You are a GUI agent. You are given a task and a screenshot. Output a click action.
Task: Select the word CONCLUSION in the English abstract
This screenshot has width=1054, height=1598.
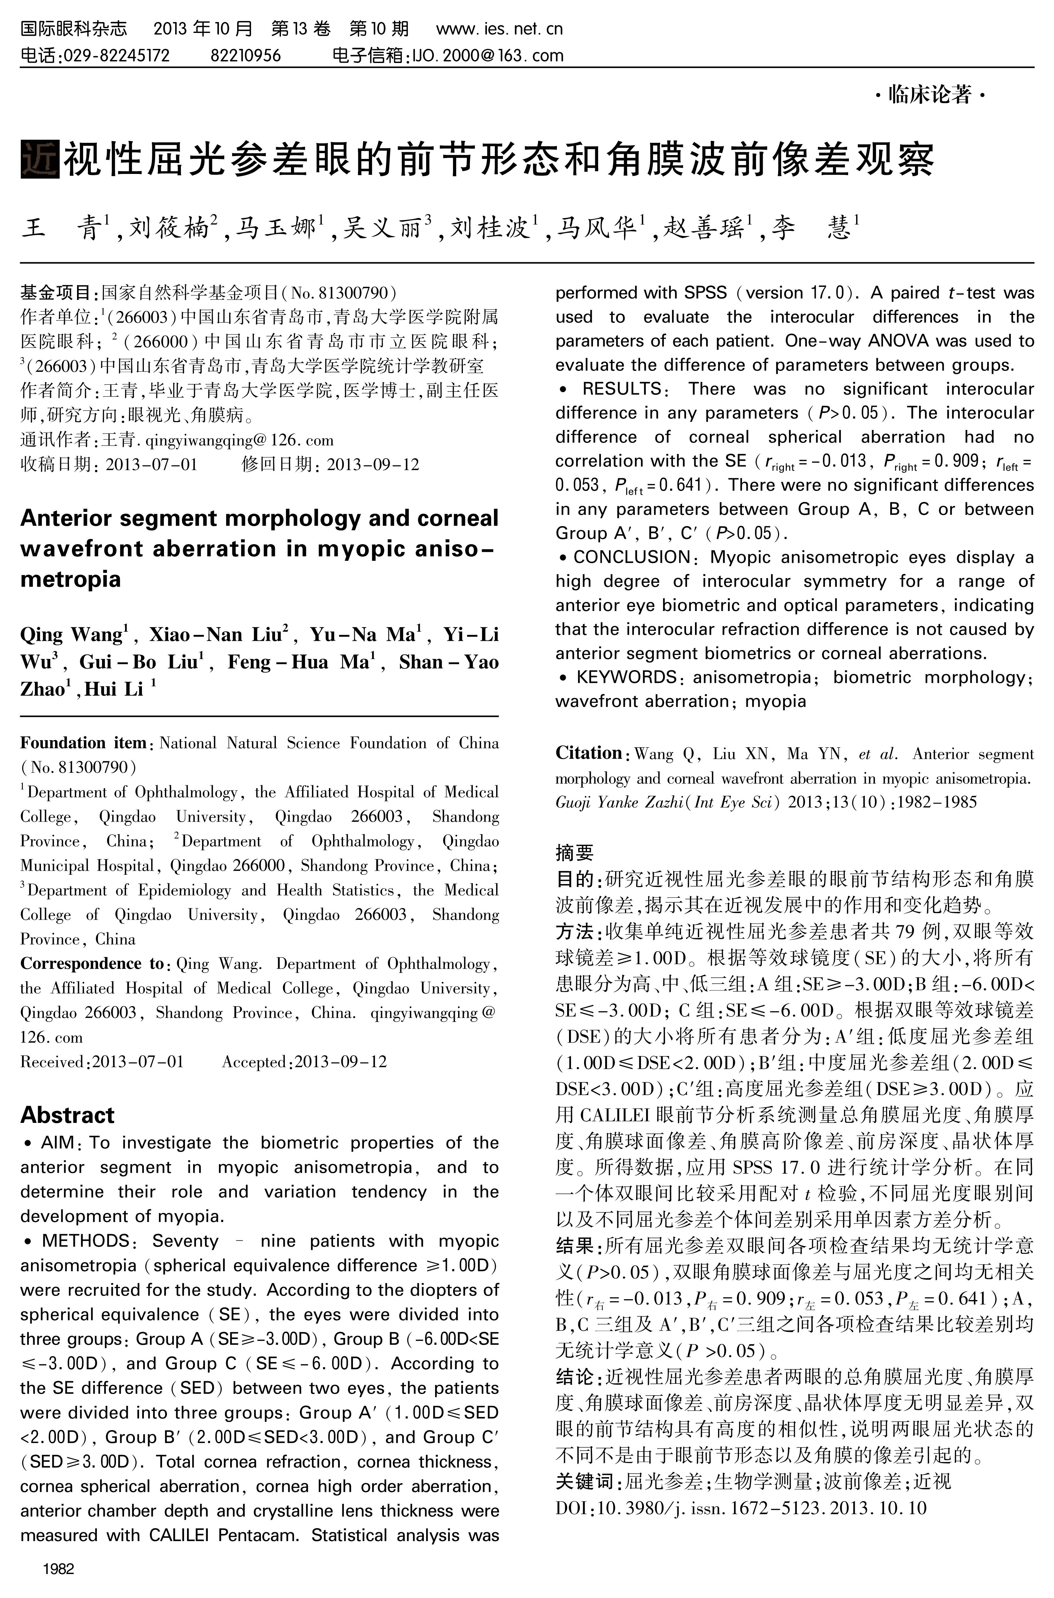point(632,557)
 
